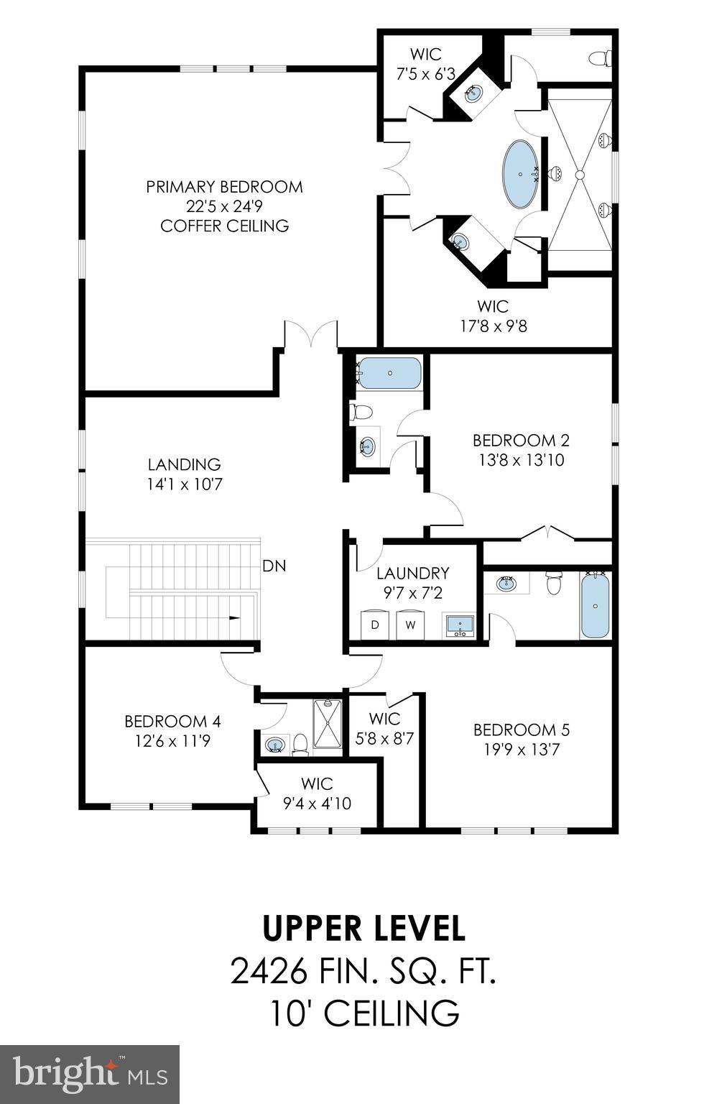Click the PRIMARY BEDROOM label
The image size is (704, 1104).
224,187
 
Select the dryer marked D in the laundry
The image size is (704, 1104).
374,624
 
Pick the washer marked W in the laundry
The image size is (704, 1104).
410,624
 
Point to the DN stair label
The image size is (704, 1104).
274,566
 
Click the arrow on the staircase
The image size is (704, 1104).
234,617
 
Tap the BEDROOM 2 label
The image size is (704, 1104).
521,440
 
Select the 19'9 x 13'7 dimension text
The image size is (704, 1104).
521,750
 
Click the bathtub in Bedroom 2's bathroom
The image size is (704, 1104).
389,373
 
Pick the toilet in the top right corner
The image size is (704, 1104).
599,57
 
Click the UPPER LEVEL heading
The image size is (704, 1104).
363,928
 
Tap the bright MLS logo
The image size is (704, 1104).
90,1074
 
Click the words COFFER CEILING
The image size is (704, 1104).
224,226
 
